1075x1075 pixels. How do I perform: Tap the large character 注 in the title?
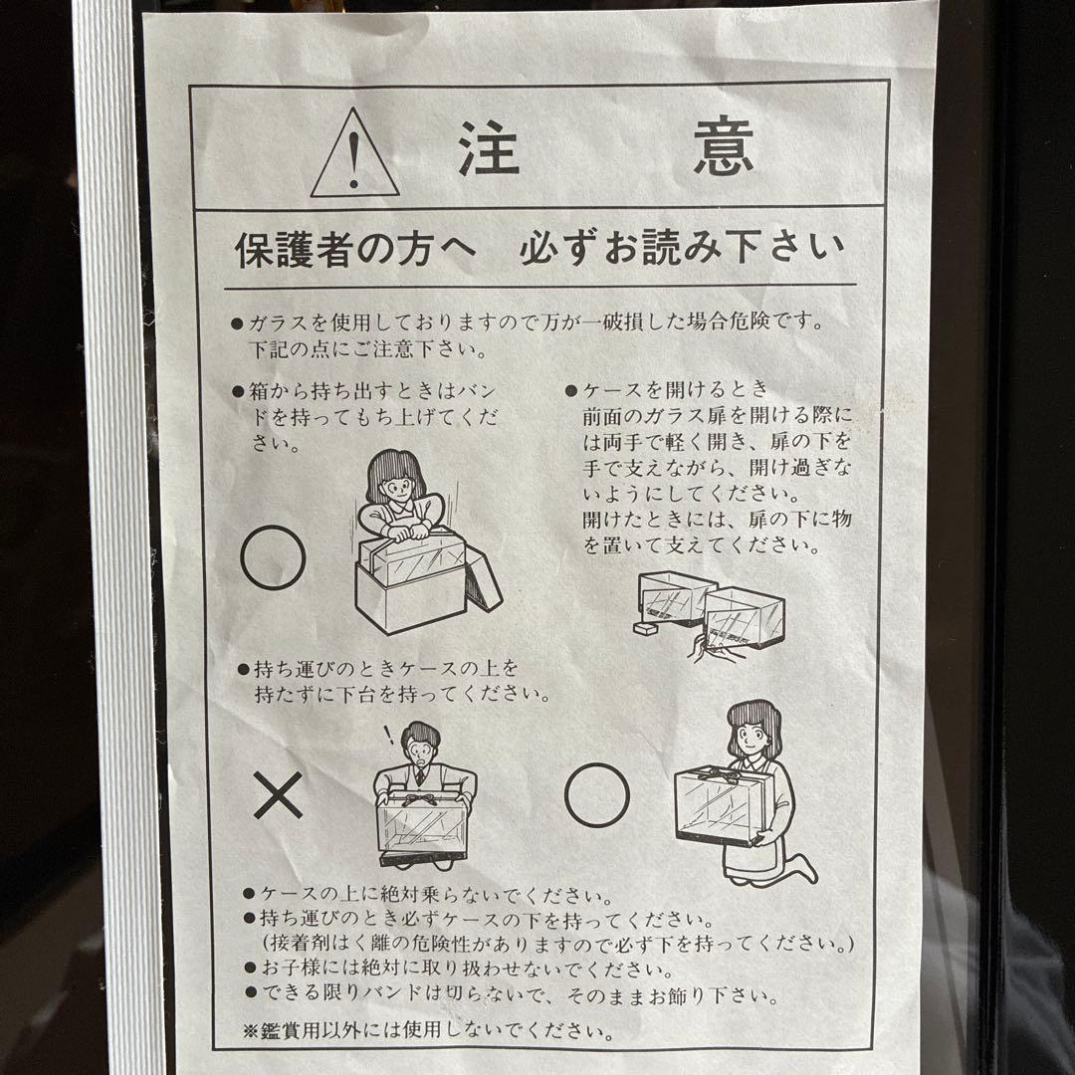click(x=488, y=149)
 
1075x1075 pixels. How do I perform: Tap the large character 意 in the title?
click(x=724, y=149)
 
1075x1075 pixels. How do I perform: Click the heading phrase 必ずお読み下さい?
click(x=681, y=249)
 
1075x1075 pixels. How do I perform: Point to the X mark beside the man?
click(x=279, y=796)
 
